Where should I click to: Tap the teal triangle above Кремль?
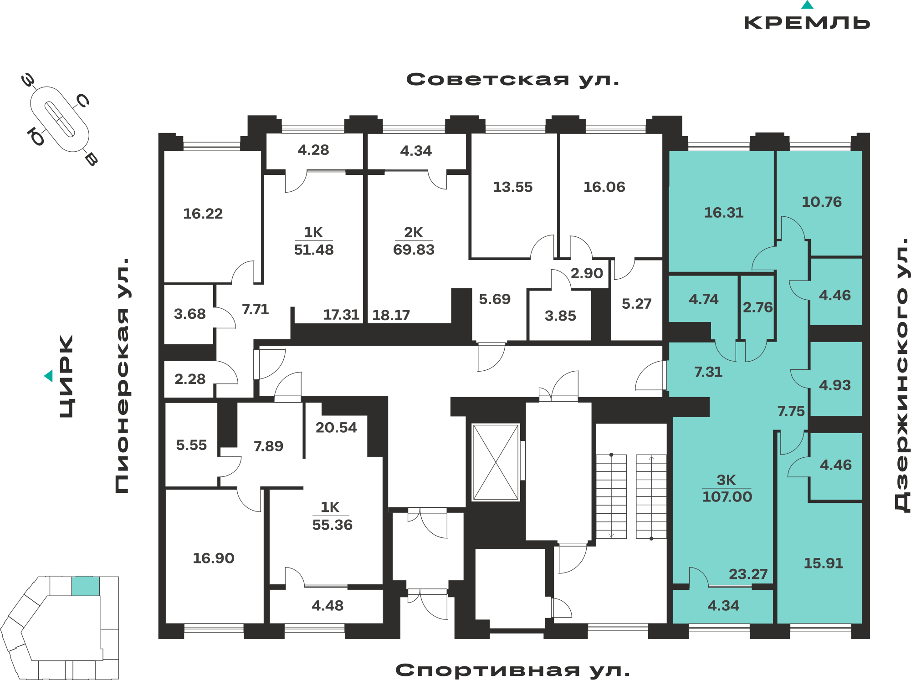point(807,5)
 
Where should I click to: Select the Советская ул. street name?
point(513,80)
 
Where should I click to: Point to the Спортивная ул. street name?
point(513,670)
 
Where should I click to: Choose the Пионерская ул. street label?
point(122,376)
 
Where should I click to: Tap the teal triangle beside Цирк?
point(49,376)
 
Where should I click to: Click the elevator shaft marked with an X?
point(496,462)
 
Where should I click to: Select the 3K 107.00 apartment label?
point(727,488)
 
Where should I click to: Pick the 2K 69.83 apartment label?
point(414,241)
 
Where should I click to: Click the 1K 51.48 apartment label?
point(314,241)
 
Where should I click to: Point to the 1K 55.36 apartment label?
point(332,516)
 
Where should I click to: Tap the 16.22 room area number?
point(203,214)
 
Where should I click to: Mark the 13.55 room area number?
point(513,187)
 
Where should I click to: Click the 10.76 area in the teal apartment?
point(822,202)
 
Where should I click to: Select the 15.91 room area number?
point(824,563)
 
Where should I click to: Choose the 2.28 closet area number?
point(190,379)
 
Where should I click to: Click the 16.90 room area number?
point(213,558)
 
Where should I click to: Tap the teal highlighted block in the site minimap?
point(86,586)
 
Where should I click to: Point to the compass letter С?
point(82,101)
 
